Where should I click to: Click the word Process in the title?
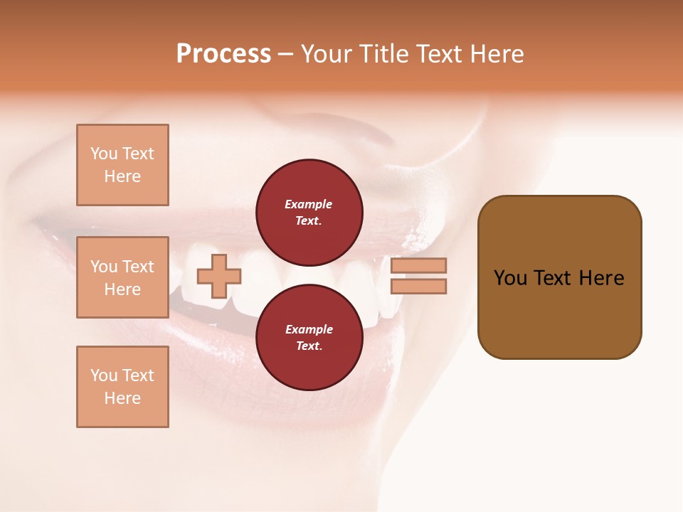pyautogui.click(x=223, y=54)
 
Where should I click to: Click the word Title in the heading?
pyautogui.click(x=381, y=54)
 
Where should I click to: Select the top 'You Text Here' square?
pyautogui.click(x=122, y=165)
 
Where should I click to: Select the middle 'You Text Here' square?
pyautogui.click(x=122, y=277)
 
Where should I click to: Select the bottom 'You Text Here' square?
pyautogui.click(x=122, y=387)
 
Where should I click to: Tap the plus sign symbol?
pyautogui.click(x=219, y=276)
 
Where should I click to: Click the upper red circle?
pyautogui.click(x=309, y=213)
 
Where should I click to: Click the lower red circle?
pyautogui.click(x=309, y=338)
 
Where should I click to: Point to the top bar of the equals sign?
pyautogui.click(x=419, y=265)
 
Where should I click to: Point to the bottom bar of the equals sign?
pyautogui.click(x=419, y=287)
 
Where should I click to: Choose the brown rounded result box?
pyautogui.click(x=559, y=277)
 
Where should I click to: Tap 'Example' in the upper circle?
pyautogui.click(x=309, y=204)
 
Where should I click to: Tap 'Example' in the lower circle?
pyautogui.click(x=309, y=329)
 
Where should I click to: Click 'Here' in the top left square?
pyautogui.click(x=122, y=176)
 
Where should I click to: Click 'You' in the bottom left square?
pyautogui.click(x=104, y=375)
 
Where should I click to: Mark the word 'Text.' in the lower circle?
pyautogui.click(x=309, y=346)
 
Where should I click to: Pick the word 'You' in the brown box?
pyautogui.click(x=510, y=278)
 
